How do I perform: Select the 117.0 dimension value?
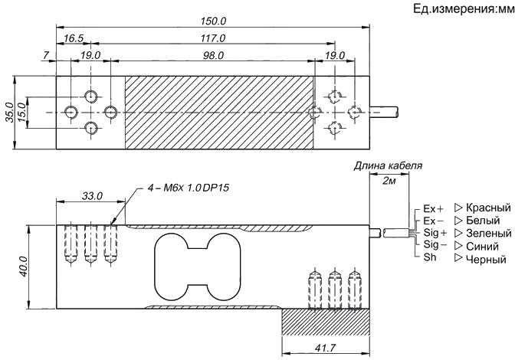click(x=212, y=38)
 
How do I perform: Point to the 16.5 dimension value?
click(x=74, y=38)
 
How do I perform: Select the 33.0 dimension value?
click(x=91, y=197)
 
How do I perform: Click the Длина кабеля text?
click(x=387, y=165)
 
